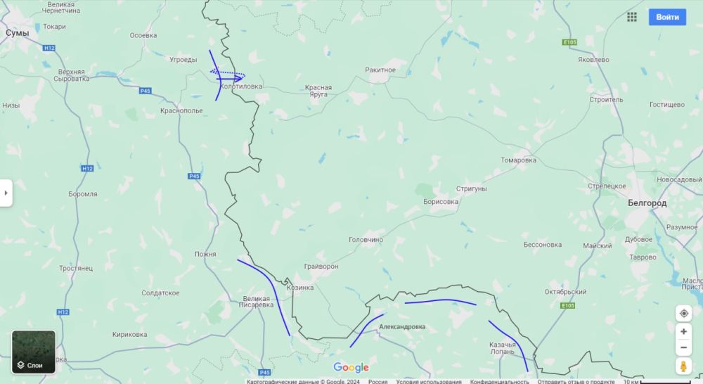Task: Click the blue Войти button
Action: (667, 17)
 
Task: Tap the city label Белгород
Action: (647, 203)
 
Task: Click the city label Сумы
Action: (17, 33)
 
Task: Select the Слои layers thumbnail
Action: (34, 352)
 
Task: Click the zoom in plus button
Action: (683, 331)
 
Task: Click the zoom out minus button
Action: (683, 348)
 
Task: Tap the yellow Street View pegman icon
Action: (683, 366)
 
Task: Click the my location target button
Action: (683, 313)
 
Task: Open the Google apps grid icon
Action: (632, 17)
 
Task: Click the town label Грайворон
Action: (321, 267)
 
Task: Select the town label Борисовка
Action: (441, 202)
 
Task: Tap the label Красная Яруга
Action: (318, 91)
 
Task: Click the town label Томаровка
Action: (518, 160)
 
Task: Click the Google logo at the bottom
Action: (351, 367)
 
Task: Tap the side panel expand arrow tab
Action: (6, 193)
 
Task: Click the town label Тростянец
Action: (76, 269)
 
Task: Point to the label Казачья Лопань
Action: (503, 348)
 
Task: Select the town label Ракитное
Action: (380, 70)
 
